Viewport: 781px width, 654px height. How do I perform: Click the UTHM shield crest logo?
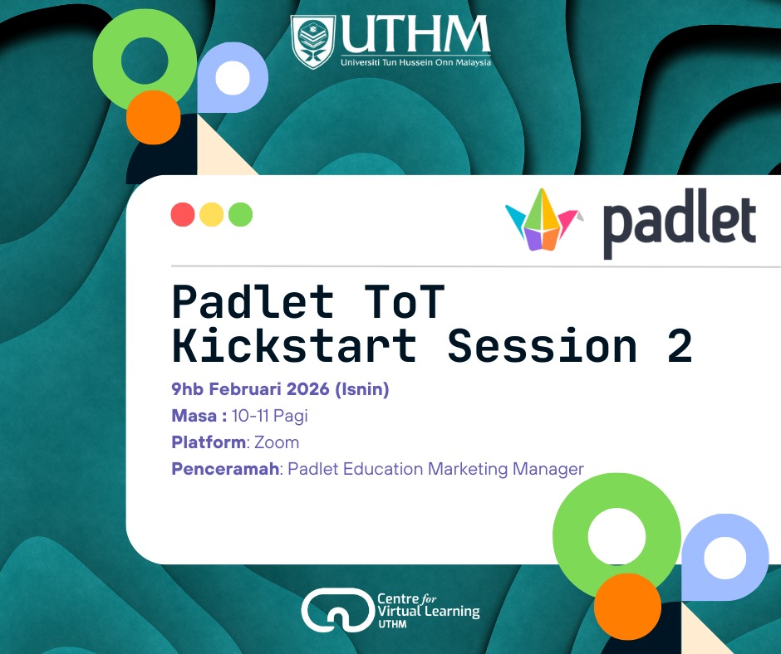tap(312, 41)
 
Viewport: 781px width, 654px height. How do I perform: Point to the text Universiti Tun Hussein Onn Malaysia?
tap(416, 62)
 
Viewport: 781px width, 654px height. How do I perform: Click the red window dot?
tap(183, 214)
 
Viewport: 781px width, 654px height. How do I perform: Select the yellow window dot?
tap(212, 214)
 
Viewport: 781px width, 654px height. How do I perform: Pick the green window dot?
tap(241, 214)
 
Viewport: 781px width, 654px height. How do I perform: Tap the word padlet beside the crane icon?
tap(680, 224)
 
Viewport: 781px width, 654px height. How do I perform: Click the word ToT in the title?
tap(405, 301)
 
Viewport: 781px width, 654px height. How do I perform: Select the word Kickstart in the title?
tap(294, 345)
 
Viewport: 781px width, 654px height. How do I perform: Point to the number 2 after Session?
tap(680, 346)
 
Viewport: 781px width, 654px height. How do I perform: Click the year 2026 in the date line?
tap(307, 388)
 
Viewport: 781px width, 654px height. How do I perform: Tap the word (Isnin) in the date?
tap(362, 388)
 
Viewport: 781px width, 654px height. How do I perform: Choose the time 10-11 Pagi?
tap(270, 416)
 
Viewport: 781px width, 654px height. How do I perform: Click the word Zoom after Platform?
tap(277, 442)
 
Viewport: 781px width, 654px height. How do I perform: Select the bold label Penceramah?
tap(225, 469)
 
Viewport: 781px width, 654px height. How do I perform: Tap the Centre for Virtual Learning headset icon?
tap(338, 610)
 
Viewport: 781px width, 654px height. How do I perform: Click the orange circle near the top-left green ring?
tap(154, 118)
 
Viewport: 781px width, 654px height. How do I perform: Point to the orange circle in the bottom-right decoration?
tap(627, 607)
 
